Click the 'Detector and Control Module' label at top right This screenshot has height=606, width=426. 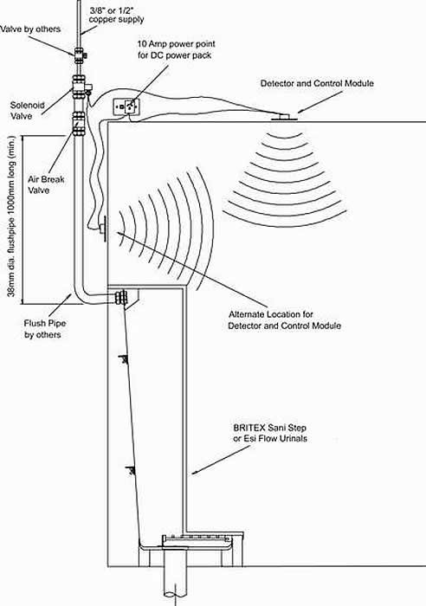pyautogui.click(x=317, y=83)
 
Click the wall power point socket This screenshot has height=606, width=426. pyautogui.click(x=126, y=106)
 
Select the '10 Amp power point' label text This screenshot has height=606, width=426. pyautogui.click(x=177, y=43)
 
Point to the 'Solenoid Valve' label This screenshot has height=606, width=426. pyautogui.click(x=27, y=111)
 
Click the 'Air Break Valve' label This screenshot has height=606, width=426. pyautogui.click(x=46, y=184)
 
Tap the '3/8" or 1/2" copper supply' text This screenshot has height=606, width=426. pyautogui.click(x=116, y=15)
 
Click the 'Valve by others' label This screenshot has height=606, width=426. pyautogui.click(x=30, y=29)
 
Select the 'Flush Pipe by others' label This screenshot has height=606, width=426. pyautogui.click(x=44, y=329)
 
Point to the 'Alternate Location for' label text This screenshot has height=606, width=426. pyautogui.click(x=271, y=314)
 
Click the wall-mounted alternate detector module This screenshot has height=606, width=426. pyautogui.click(x=104, y=228)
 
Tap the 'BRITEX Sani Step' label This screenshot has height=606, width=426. pyautogui.click(x=270, y=428)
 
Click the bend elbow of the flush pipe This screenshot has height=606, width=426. pyautogui.click(x=80, y=293)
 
